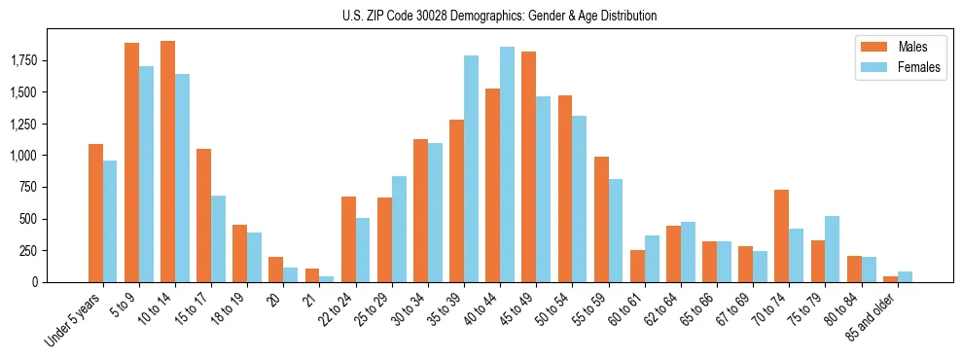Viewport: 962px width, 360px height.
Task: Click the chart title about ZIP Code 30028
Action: pos(499,16)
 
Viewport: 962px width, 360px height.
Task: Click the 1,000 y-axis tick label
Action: pos(23,156)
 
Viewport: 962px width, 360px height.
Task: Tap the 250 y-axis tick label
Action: pos(29,251)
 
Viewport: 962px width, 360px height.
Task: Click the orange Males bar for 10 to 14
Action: pos(167,162)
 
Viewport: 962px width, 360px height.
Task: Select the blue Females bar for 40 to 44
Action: pos(507,164)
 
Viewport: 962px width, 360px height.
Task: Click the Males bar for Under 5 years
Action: pos(95,213)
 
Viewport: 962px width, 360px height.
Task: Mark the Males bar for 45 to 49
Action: pos(528,166)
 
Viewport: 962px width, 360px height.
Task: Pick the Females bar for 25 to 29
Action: pos(399,229)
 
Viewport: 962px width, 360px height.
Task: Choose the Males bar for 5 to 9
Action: pos(131,162)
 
